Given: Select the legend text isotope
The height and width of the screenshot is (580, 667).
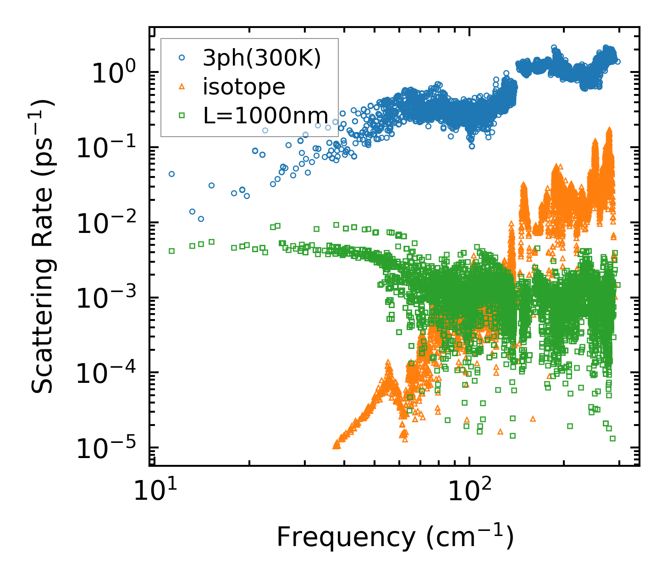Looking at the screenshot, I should point(244,87).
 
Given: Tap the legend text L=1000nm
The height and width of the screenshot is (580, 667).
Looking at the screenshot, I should point(265,116).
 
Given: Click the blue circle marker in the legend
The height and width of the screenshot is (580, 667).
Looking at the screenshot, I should point(182,58).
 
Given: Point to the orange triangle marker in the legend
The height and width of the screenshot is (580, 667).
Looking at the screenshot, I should point(182,87).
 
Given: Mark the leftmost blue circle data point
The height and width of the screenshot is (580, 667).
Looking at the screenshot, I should point(171,174).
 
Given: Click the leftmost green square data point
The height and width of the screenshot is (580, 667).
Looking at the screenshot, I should point(171,251).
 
